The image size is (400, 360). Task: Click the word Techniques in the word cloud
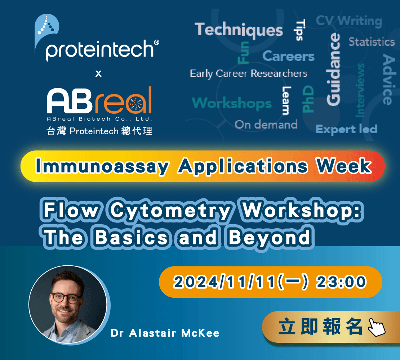click(x=239, y=30)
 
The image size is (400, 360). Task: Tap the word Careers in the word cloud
click(x=288, y=56)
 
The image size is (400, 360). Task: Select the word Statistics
click(x=372, y=41)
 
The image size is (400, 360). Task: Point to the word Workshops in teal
click(x=232, y=103)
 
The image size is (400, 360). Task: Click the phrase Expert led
click(x=346, y=129)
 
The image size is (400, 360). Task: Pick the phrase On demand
click(x=266, y=125)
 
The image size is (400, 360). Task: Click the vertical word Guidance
click(x=334, y=69)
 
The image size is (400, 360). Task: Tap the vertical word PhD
click(x=308, y=99)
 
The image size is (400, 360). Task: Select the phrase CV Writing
click(x=349, y=21)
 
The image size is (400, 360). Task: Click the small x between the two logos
click(x=98, y=74)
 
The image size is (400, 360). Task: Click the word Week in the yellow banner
click(x=344, y=166)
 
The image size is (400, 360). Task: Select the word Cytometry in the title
click(x=171, y=211)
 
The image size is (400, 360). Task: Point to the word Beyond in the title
click(x=270, y=237)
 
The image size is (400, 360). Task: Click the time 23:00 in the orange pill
click(x=341, y=282)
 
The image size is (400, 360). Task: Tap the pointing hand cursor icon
click(x=377, y=327)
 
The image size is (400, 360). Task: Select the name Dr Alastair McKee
click(x=165, y=333)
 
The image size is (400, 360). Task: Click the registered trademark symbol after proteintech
click(x=157, y=42)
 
